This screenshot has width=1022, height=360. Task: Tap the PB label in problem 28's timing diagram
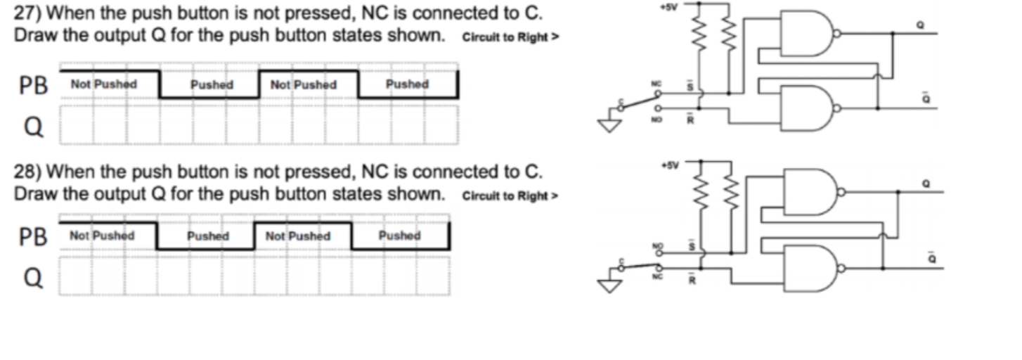click(x=34, y=238)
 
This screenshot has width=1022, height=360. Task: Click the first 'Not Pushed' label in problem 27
click(x=104, y=84)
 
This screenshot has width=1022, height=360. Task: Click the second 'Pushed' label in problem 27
click(x=407, y=84)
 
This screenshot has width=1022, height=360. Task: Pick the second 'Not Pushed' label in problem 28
click(x=298, y=236)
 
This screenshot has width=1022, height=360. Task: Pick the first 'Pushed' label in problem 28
click(x=208, y=236)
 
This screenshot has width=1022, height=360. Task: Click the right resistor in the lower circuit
click(x=731, y=191)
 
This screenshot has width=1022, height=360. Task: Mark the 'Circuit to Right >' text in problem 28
click(x=510, y=196)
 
